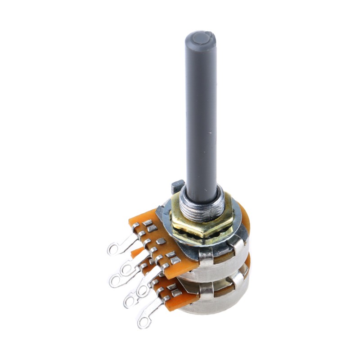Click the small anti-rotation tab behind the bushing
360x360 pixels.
[177, 184]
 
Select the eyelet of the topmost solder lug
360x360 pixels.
[115, 249]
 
